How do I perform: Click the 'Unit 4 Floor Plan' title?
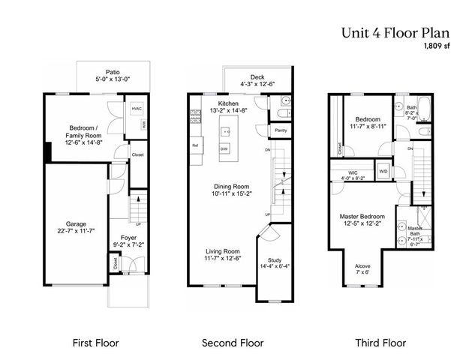395,32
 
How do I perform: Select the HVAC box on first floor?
137,109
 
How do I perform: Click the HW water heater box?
143,125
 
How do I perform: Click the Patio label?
113,73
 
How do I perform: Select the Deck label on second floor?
258,76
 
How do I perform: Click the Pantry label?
281,130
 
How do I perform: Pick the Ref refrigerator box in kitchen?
195,145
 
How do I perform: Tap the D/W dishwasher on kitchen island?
224,149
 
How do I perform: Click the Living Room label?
223,251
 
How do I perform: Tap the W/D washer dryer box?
383,172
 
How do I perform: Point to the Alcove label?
362,265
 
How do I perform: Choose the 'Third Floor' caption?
380,343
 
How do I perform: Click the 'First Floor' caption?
95,343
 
